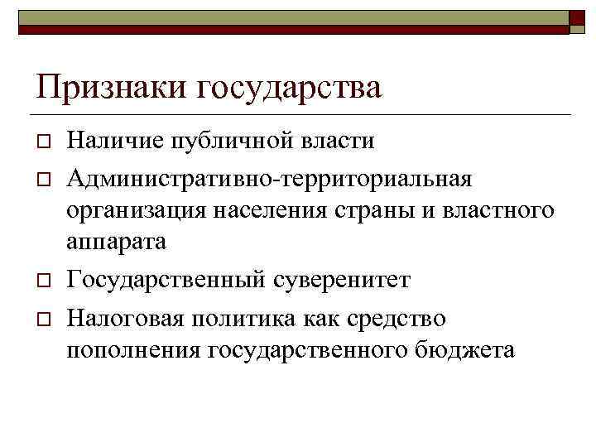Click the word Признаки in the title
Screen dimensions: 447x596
[108, 87]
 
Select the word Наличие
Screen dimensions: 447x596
[117, 141]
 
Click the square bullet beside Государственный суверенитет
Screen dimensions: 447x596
[41, 281]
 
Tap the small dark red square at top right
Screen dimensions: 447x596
[578, 20]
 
